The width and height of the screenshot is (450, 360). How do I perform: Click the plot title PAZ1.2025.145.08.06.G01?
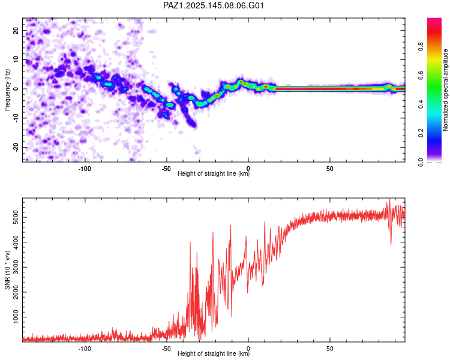point(213,5)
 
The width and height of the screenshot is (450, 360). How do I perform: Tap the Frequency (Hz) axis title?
point(7,90)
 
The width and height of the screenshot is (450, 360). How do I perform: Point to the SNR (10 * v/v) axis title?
point(7,270)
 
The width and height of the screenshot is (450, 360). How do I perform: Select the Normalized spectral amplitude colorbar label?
point(445,90)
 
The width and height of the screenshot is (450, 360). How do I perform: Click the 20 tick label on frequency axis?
point(16,31)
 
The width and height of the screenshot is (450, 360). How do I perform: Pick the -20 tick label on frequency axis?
point(16,148)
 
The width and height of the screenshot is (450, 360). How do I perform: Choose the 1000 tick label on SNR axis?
point(16,317)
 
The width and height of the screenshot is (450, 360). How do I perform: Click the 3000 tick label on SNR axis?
point(16,267)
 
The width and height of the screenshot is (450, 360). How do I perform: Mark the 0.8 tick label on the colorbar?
point(421,47)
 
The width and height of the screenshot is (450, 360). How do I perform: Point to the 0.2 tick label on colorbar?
point(421,133)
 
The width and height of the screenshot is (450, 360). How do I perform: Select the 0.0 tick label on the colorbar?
point(421,162)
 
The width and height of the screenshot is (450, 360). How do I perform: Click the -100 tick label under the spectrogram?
point(85,169)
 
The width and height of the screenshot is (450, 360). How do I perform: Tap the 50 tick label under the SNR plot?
point(330,349)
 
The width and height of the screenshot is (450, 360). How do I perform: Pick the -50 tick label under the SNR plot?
point(166,349)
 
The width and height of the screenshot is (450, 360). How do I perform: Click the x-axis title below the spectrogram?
point(214,173)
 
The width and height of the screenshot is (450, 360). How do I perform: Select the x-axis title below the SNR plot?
point(214,353)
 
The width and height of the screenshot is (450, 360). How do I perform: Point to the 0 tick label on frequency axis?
point(16,89)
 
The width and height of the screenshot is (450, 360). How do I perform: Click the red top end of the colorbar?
point(434,20)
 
